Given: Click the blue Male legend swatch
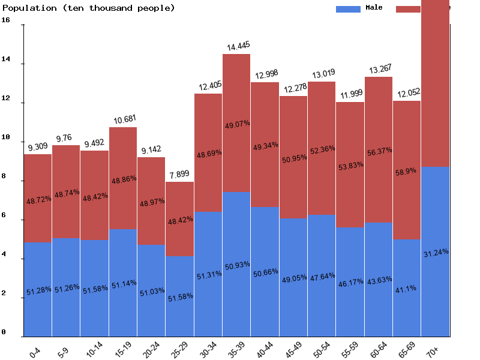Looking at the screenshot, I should pos(348,8).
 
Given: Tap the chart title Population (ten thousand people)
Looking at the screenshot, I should pos(89,8).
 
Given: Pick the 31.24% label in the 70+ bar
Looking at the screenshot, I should pos(436,253).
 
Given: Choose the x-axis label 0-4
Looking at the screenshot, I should pos(34,351).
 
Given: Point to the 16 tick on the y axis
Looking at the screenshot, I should pos(6,20).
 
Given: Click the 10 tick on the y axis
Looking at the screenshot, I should pos(6,137).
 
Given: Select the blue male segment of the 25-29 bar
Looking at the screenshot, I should pos(180,297).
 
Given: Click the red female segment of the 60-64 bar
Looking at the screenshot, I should pos(379,150).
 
